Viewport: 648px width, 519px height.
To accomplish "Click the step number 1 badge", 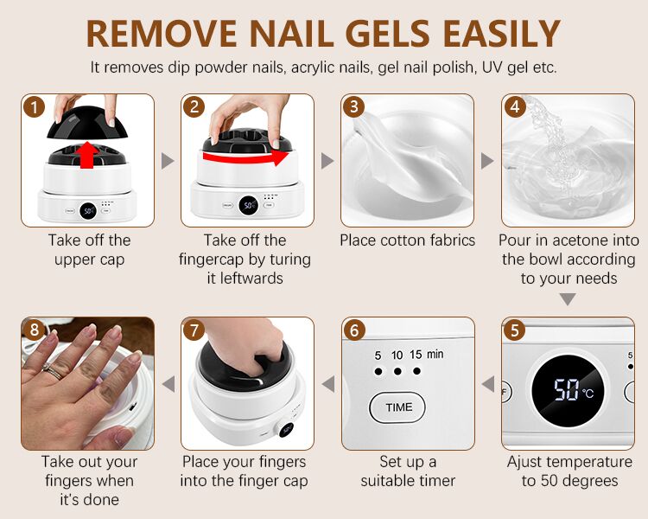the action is point(34,106).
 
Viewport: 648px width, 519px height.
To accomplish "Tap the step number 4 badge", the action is point(515,106).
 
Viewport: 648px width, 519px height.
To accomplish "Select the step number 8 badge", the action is point(34,330).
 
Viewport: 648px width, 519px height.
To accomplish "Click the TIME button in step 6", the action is point(397,407).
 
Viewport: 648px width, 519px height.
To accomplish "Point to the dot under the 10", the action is point(397,371).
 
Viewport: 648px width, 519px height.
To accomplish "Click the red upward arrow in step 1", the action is point(86,155).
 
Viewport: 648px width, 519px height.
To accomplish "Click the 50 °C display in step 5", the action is point(568,391).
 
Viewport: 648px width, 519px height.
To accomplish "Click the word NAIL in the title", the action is point(291,34).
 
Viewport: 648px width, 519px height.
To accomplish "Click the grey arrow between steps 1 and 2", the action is point(168,161).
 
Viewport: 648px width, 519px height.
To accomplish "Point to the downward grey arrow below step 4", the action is point(568,299).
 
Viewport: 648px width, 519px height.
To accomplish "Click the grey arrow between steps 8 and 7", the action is point(168,384).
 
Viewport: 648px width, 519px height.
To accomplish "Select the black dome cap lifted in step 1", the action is point(86,123).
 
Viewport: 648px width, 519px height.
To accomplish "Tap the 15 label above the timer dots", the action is point(416,355).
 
